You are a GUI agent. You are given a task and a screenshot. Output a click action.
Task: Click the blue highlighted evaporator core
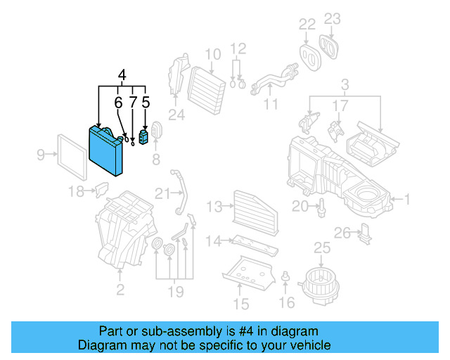pos(109,150)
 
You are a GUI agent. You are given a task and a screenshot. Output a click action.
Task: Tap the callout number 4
pos(122,75)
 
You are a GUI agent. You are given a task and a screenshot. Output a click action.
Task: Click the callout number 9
pos(41,154)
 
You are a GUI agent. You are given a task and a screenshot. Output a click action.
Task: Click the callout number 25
pos(321,247)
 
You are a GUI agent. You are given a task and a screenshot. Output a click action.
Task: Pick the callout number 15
pos(240,304)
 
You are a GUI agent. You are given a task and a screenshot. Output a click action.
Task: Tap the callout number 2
pos(120,289)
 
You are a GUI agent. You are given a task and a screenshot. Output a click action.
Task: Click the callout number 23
pos(332,19)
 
